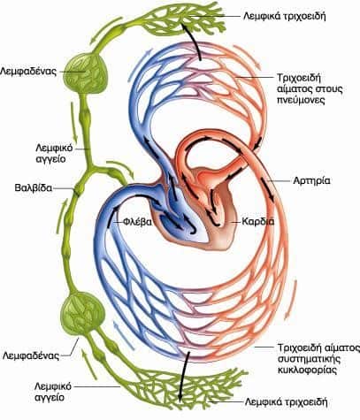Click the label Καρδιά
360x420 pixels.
tap(258, 221)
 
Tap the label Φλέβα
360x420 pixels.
tap(137, 222)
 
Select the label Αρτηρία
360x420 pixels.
tap(311, 180)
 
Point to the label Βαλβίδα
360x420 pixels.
tap(34, 187)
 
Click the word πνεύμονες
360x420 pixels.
tap(301, 100)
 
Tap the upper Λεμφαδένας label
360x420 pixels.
tap(28, 72)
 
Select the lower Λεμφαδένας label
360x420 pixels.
tap(31, 355)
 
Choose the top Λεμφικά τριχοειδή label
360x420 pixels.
tap(285, 16)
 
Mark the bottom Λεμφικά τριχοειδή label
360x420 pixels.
tap(287, 402)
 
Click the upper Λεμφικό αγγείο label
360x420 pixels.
tap(54, 154)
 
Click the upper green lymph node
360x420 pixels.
tap(86, 73)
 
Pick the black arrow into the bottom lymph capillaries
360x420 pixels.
tap(183, 378)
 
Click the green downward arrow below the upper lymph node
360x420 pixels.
tap(73, 122)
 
